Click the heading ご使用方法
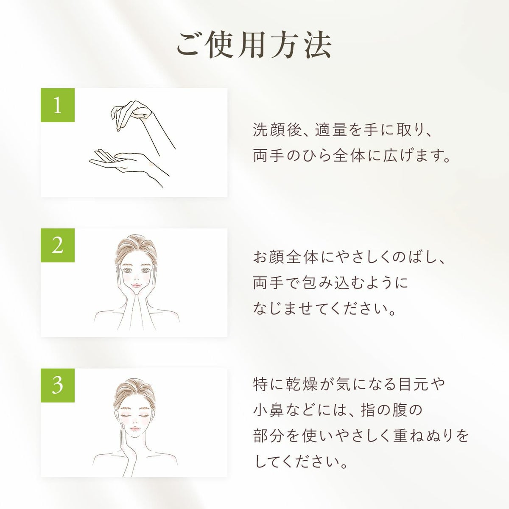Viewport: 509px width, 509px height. (x=254, y=45)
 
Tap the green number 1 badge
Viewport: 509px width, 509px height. (x=58, y=105)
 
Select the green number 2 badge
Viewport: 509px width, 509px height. (x=58, y=245)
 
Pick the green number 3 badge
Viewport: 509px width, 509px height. (x=58, y=386)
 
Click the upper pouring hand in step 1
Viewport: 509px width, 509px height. (x=132, y=114)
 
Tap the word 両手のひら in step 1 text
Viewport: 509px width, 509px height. (x=292, y=155)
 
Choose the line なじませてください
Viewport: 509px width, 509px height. (x=324, y=308)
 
